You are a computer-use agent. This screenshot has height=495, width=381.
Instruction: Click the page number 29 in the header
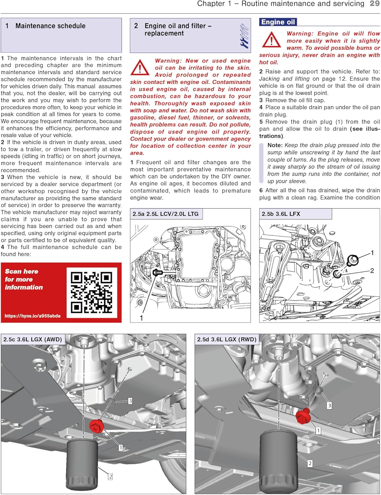(x=374, y=4)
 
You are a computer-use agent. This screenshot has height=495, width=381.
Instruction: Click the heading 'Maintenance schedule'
(x=50, y=26)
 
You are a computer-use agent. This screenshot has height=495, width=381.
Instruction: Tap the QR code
(x=92, y=292)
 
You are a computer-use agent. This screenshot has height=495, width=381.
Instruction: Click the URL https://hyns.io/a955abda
(x=32, y=316)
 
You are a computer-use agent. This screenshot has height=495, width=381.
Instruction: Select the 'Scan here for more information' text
(x=24, y=279)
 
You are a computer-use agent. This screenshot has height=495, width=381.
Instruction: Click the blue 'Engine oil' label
(x=278, y=22)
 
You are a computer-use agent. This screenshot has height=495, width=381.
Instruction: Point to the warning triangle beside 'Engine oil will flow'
(x=271, y=40)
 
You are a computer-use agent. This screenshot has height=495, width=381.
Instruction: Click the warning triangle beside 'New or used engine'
(x=140, y=68)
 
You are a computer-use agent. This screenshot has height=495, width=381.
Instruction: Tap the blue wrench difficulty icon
(x=244, y=36)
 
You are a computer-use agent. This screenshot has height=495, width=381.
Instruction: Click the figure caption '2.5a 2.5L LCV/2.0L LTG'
(x=165, y=214)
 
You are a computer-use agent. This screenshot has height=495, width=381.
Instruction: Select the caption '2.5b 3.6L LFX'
(x=281, y=214)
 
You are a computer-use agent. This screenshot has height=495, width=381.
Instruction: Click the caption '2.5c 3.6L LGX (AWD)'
(x=33, y=339)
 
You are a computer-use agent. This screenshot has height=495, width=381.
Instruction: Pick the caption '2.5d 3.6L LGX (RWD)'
(x=227, y=339)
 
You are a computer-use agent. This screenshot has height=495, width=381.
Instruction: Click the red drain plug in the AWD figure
(x=96, y=426)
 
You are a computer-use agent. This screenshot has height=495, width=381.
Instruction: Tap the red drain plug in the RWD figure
(x=303, y=417)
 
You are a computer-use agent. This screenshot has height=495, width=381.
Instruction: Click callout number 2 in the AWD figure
(x=110, y=477)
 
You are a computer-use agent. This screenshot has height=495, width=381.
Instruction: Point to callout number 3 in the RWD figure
(x=329, y=406)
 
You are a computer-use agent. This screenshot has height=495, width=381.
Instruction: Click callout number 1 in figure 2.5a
(x=141, y=318)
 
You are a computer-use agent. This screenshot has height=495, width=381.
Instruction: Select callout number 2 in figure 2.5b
(x=372, y=271)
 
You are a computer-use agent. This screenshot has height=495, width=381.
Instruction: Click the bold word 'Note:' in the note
(x=275, y=145)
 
